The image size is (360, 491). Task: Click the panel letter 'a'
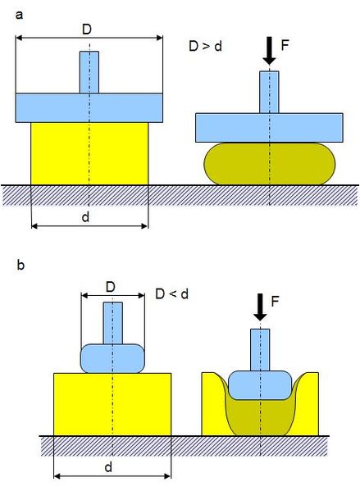click(x=19, y=15)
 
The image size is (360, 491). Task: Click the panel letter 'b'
click(x=21, y=266)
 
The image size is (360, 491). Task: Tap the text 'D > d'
click(x=206, y=47)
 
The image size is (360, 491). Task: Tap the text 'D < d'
click(x=172, y=294)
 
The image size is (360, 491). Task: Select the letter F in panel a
click(x=285, y=45)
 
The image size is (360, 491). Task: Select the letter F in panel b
click(x=275, y=302)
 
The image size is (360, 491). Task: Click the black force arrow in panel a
click(x=269, y=51)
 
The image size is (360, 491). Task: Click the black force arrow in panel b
click(x=260, y=307)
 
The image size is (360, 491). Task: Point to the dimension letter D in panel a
click(x=87, y=30)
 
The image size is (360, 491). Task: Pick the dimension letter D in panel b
click(x=111, y=287)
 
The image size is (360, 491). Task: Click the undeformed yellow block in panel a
click(x=89, y=153)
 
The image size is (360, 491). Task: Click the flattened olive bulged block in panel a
click(x=270, y=164)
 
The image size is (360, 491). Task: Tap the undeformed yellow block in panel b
click(x=112, y=404)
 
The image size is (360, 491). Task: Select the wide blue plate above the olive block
click(x=269, y=128)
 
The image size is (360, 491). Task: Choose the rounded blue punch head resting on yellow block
click(x=113, y=358)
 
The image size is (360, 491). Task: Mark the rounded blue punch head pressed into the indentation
click(x=260, y=385)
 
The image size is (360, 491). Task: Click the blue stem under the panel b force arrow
click(x=260, y=350)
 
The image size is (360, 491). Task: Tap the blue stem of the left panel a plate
click(x=89, y=72)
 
